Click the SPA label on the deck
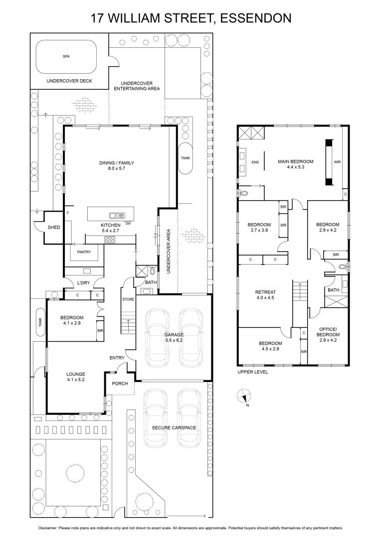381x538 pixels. [x=66, y=57]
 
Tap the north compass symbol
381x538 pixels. [x=241, y=397]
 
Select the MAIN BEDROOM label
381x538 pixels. [x=295, y=161]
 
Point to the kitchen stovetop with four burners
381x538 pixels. [x=109, y=240]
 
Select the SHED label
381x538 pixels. [x=54, y=227]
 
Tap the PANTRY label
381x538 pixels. [x=84, y=252]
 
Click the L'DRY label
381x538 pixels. [x=83, y=283]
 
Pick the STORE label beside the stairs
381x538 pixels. [x=128, y=299]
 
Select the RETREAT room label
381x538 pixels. [x=265, y=292]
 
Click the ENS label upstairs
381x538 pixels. [x=255, y=162]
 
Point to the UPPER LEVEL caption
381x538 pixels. [x=252, y=372]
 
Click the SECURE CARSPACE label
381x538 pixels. [x=174, y=427]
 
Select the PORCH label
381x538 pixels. [x=120, y=384]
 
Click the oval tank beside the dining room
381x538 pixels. [x=185, y=158]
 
